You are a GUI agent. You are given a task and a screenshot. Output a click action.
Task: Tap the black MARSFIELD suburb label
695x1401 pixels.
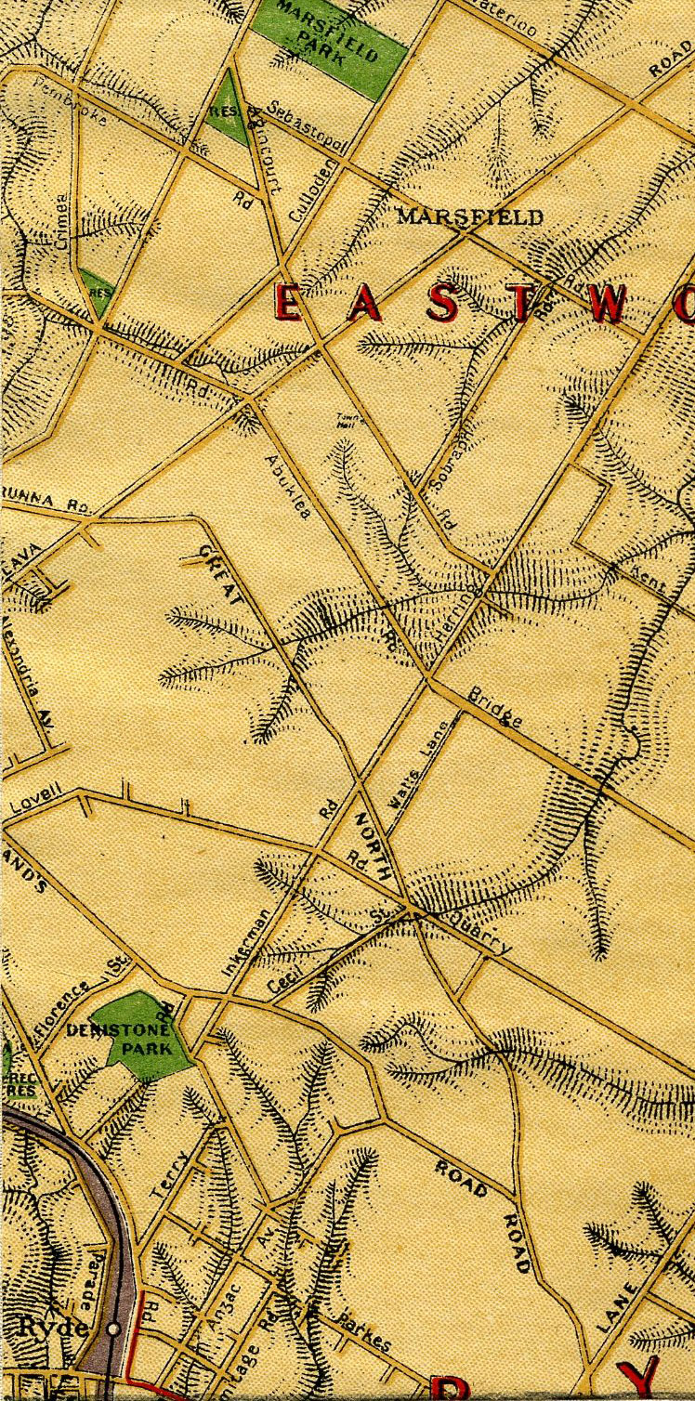point(469,217)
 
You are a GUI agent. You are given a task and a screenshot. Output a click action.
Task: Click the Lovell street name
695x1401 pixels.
point(37,802)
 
